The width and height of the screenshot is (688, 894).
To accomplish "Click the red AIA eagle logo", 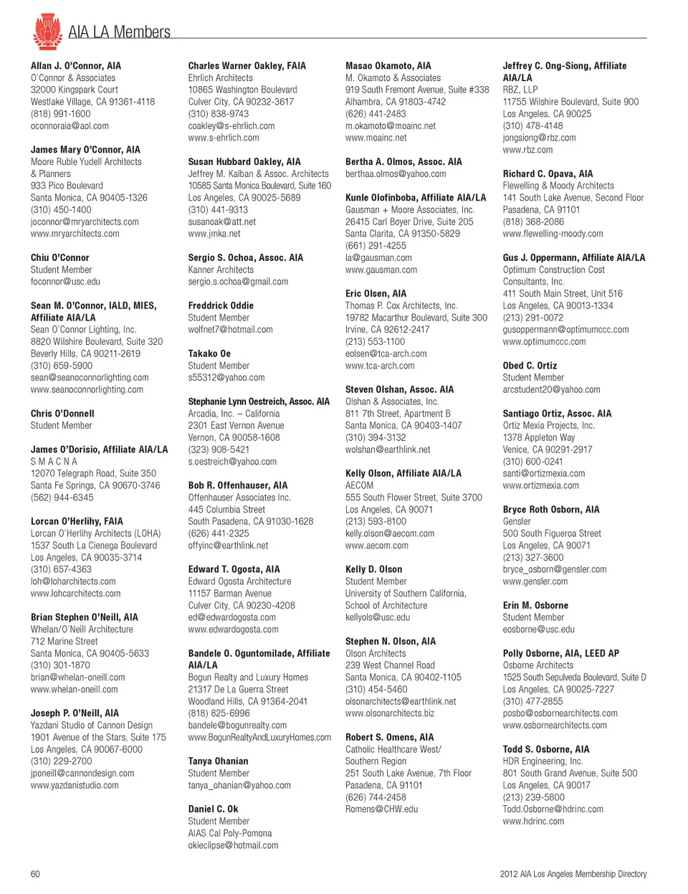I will (x=47, y=32).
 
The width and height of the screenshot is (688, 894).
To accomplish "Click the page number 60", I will (x=35, y=874).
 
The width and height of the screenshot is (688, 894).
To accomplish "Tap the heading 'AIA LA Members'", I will (x=119, y=32).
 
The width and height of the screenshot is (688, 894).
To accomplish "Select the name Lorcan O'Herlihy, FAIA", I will (x=77, y=521).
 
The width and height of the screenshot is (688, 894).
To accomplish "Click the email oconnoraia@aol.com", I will (x=70, y=126).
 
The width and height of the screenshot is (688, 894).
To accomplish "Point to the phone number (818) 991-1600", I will (x=60, y=114).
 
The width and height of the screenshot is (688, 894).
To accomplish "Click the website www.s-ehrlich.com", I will (x=224, y=138).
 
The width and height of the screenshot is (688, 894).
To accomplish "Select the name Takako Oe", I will (x=209, y=353).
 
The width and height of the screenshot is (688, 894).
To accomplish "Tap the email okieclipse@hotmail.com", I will (x=233, y=846).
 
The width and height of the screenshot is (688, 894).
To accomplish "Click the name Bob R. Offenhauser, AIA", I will (x=238, y=485).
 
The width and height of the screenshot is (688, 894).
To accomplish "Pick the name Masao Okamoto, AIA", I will (x=388, y=66).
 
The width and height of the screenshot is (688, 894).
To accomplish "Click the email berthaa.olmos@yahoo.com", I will (x=396, y=174).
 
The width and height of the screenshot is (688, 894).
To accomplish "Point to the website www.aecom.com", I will (x=377, y=546).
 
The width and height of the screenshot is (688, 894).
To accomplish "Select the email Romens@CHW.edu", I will (x=381, y=809).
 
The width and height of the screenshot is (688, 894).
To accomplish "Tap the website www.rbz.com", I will (x=527, y=150).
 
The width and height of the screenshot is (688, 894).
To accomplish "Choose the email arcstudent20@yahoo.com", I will (x=551, y=390).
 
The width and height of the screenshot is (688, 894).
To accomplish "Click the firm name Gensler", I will (x=517, y=522).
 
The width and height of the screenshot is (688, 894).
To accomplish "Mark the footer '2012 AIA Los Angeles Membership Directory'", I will (x=573, y=874).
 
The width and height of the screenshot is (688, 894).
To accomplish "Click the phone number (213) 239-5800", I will (x=533, y=797).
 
